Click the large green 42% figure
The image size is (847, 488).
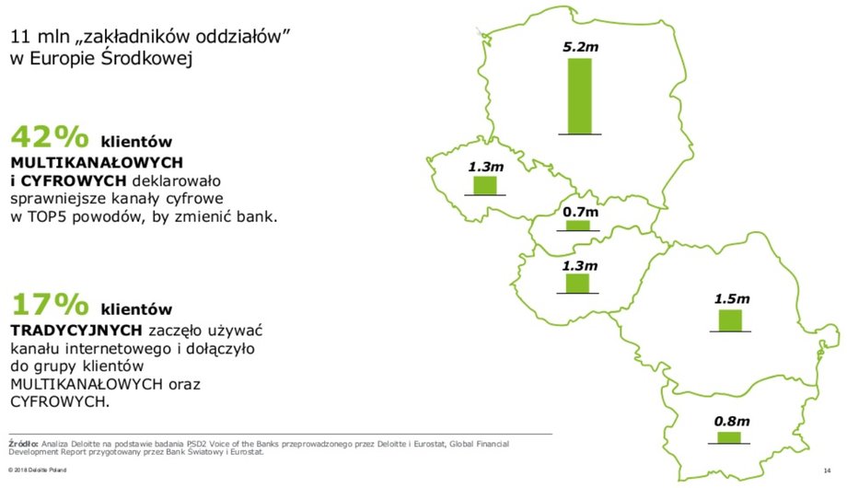click(50, 136)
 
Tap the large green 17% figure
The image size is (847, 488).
click(50, 304)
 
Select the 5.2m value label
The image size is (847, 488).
click(581, 47)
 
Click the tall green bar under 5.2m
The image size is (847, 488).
click(580, 96)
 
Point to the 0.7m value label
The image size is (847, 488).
click(581, 212)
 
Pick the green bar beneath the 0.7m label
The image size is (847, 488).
click(578, 226)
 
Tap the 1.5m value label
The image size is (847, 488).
click(732, 299)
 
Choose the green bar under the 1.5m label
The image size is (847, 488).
click(730, 320)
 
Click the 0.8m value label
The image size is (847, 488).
click(732, 421)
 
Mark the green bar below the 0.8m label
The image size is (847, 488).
click(729, 437)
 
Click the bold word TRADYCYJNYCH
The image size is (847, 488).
click(76, 331)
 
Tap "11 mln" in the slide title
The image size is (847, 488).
click(40, 37)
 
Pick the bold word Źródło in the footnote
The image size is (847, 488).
click(23, 444)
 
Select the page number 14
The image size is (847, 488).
click(827, 471)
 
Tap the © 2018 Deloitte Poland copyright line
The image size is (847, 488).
click(37, 471)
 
